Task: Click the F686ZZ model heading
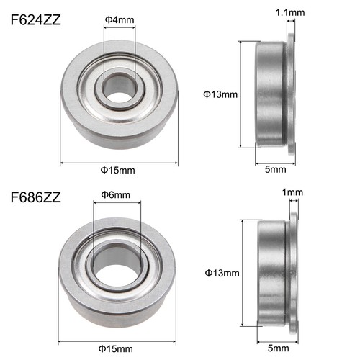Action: [x=35, y=197]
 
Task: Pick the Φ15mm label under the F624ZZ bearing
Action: [x=119, y=170]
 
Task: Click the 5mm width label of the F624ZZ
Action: [x=275, y=170]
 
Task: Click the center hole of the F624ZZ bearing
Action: [x=119, y=91]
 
